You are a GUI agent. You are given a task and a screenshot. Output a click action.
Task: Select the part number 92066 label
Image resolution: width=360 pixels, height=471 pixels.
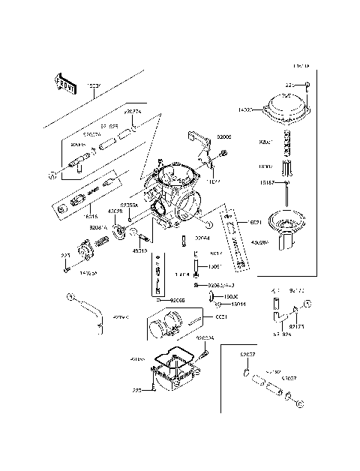point(178,301)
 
